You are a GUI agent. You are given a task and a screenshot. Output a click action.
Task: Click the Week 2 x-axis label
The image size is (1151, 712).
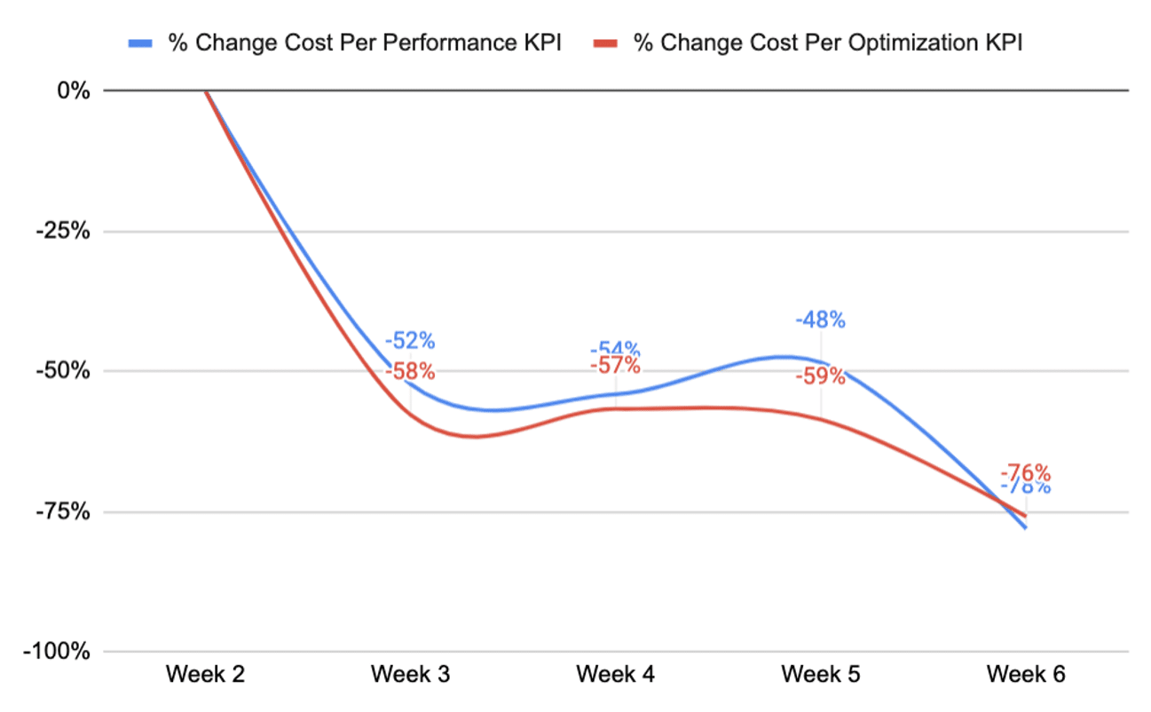click(x=206, y=676)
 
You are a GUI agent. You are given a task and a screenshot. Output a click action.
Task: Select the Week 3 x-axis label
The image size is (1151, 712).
click(x=411, y=676)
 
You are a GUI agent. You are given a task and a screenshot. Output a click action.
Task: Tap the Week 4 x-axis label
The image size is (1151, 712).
click(x=616, y=676)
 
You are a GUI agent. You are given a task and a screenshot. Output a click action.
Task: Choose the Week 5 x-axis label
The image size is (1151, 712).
click(x=821, y=676)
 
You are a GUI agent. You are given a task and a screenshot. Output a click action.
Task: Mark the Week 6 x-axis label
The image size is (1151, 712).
click(x=1026, y=676)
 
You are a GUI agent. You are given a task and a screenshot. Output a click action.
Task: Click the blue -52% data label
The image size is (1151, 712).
click(x=411, y=340)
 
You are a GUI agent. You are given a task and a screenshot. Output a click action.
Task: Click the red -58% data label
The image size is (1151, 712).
click(x=411, y=372)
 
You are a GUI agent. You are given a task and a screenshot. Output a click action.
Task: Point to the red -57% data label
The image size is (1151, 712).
click(x=616, y=366)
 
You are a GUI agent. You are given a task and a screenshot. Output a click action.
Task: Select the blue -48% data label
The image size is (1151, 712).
click(x=821, y=320)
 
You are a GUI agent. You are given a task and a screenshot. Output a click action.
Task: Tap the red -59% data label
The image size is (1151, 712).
click(x=821, y=376)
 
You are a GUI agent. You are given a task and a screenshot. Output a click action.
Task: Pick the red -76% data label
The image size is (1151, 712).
click(x=1026, y=471)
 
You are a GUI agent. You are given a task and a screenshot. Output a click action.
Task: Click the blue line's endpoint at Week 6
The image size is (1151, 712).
click(x=1026, y=528)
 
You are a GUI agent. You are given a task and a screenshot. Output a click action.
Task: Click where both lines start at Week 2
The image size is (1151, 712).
click(x=206, y=91)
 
